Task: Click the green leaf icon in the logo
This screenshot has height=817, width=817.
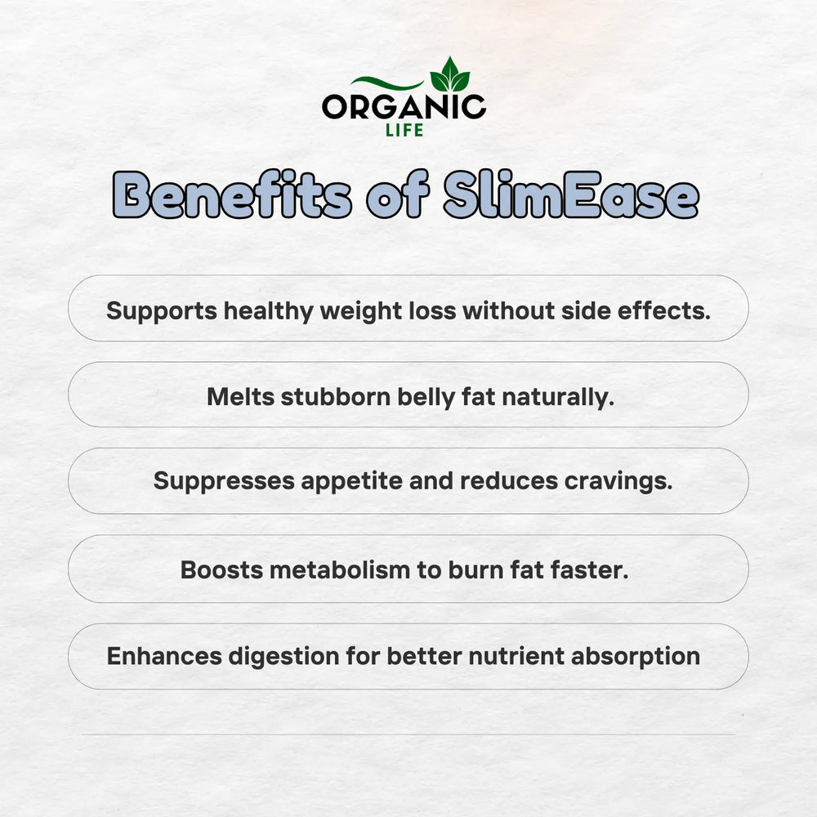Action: pos(449,74)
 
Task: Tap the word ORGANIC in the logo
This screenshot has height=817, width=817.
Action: pos(404,107)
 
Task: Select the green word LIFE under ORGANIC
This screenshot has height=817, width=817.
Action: pos(404,130)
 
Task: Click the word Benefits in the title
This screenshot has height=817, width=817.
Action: pos(232,194)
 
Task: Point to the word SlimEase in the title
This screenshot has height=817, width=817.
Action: pos(571,194)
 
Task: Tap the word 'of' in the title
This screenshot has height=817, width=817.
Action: pos(398,194)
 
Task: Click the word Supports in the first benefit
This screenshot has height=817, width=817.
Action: pos(162,311)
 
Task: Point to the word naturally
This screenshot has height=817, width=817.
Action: pos(558,398)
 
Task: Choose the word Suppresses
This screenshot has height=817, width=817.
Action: pos(224,481)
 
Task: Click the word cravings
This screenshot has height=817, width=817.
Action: pos(618,481)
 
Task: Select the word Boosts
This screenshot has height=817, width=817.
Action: pos(222,570)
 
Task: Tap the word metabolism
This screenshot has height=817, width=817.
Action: pos(340,570)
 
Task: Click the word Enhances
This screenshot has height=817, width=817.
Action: pos(165,656)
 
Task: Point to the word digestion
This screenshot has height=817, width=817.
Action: pos(284,657)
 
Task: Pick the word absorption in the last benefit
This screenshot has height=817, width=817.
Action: pos(636,657)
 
